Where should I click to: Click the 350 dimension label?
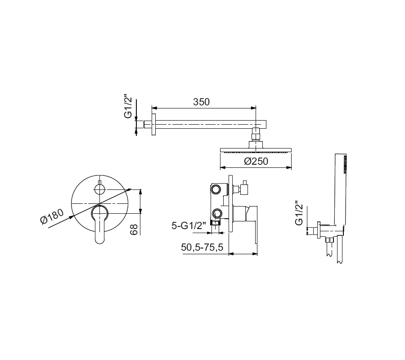coord(202,102)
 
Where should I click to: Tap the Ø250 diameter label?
coord(256,162)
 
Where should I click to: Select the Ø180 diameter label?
coord(52,216)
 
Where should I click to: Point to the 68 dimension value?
coord(134,229)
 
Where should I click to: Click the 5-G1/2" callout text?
coord(189,225)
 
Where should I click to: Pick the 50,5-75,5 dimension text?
coord(202,247)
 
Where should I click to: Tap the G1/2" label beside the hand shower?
coord(299,213)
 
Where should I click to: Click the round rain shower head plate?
coord(256,150)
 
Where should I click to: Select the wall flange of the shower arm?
coord(154,125)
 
